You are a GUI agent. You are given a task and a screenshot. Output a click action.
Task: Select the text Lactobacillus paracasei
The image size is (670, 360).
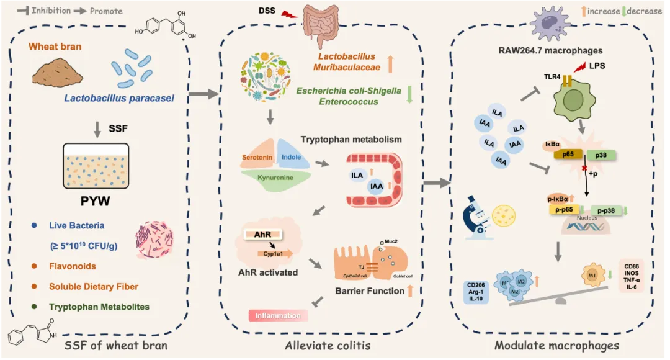pyautogui.click(x=118, y=98)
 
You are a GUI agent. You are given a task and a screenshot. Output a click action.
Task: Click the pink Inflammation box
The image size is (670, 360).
pyautogui.click(x=277, y=315)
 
